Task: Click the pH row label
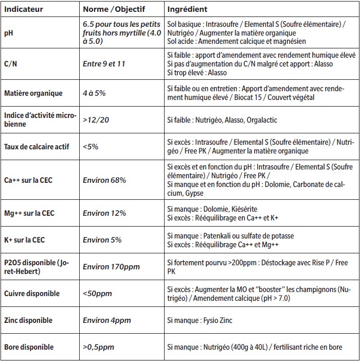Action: pyautogui.click(x=8, y=32)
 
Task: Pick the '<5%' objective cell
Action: pyautogui.click(x=90, y=146)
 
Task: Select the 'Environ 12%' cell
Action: pyautogui.click(x=104, y=213)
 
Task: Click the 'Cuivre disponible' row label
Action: pyautogui.click(x=32, y=294)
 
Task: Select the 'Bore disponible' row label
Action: pyautogui.click(x=29, y=347)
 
